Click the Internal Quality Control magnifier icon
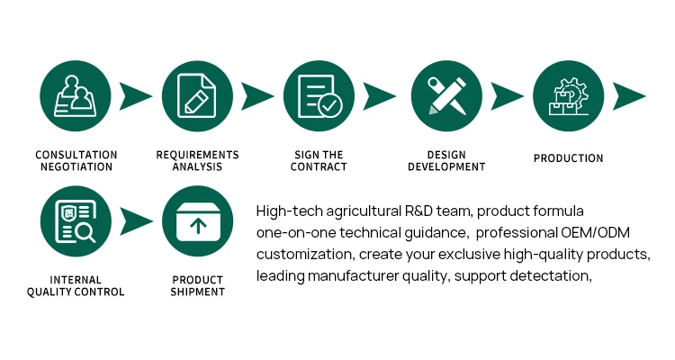coord(75,221)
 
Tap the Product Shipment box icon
coord(197,221)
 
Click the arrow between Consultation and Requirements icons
coord(136,95)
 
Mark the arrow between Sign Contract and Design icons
coord(380,95)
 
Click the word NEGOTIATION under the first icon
coord(76,167)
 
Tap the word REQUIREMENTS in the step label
coord(197,155)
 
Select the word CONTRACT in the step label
coord(319,167)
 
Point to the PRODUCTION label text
coord(568,158)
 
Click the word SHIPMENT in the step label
coord(197,292)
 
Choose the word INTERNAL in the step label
coord(76,280)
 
